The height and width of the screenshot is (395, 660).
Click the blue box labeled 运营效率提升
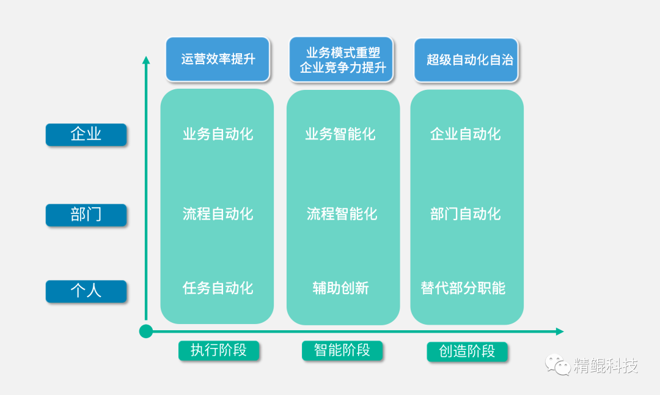click(218, 59)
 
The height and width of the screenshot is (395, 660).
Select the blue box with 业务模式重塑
click(342, 60)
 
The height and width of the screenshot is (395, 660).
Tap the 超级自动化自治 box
click(466, 60)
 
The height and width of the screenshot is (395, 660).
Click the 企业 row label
click(86, 135)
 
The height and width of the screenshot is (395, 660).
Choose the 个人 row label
click(86, 291)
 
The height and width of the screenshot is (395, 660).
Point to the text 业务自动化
click(218, 135)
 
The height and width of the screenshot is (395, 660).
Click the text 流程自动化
click(218, 214)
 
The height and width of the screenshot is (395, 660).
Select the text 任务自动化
click(218, 288)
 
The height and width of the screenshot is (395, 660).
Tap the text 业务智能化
click(341, 135)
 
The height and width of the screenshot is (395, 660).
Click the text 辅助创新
click(341, 288)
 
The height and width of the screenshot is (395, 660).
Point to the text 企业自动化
click(466, 135)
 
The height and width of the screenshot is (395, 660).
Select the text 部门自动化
click(466, 214)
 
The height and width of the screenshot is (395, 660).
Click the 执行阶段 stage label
click(219, 350)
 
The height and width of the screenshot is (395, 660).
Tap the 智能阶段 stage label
click(342, 350)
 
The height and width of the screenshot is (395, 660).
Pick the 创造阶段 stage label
click(468, 352)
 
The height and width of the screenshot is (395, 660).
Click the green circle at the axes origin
click(146, 331)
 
